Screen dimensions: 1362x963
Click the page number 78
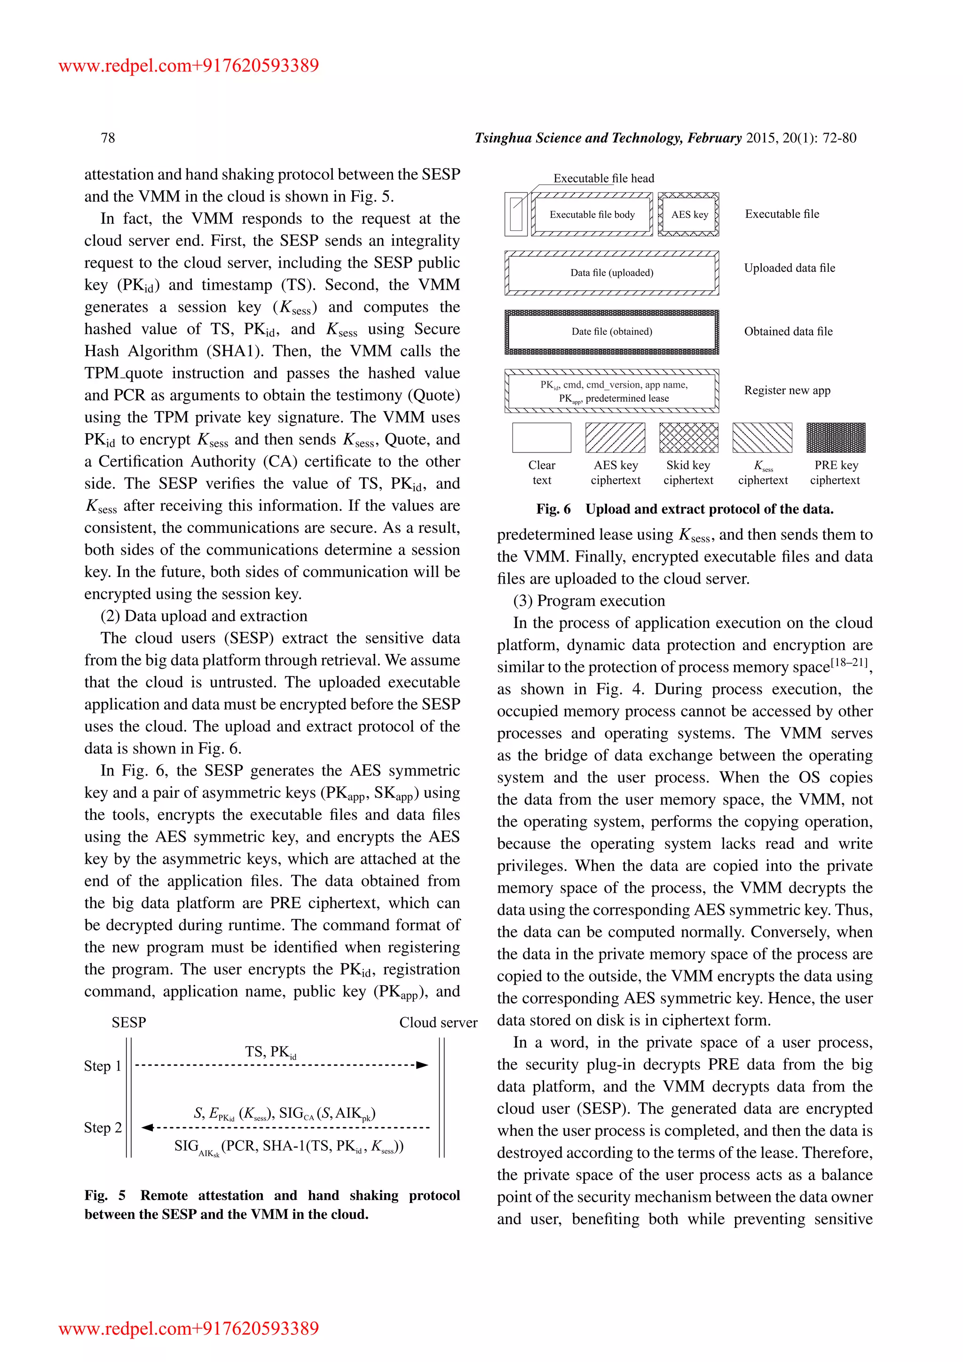[108, 138]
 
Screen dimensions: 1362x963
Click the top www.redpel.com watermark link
[189, 65]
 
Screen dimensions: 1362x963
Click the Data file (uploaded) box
[611, 273]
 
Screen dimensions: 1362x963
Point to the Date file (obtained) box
[611, 332]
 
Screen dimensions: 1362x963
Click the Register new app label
[787, 390]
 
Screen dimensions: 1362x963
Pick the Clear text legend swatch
[541, 438]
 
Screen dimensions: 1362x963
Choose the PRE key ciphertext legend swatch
[836, 438]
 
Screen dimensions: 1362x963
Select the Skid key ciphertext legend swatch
[688, 438]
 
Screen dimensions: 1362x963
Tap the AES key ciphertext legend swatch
[615, 438]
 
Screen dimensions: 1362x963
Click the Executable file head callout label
[604, 179]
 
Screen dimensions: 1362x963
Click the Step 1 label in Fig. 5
[103, 1066]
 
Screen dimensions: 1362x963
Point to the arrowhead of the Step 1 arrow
[422, 1065]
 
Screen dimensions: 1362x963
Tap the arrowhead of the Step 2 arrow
[148, 1127]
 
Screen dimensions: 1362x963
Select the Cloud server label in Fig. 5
[438, 1023]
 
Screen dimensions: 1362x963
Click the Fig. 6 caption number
[553, 509]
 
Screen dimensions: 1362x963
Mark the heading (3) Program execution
[589, 601]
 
